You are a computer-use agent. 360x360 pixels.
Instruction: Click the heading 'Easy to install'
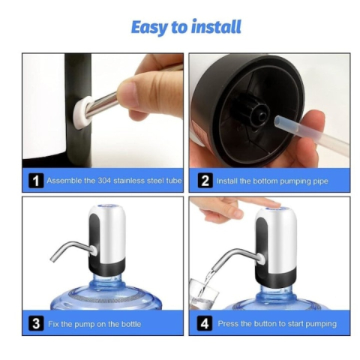[186, 28]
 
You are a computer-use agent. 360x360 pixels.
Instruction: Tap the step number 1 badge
[35, 181]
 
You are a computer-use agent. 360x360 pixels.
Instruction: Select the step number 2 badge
[204, 181]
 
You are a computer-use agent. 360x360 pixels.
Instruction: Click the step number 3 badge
[35, 324]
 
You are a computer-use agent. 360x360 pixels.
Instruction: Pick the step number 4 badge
[204, 324]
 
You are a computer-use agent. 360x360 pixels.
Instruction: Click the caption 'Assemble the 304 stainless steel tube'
[113, 181]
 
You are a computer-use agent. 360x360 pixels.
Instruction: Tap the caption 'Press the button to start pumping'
[277, 324]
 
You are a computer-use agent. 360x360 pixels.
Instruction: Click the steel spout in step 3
[67, 250]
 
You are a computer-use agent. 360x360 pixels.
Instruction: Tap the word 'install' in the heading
[214, 28]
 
